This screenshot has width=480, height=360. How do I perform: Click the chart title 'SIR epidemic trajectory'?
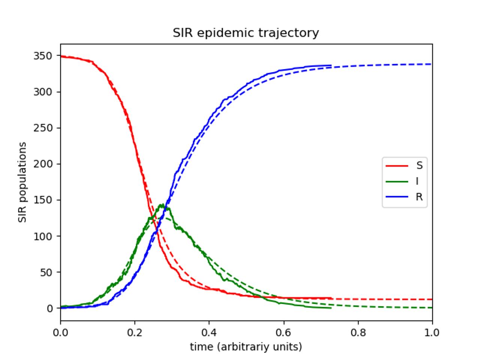click(x=246, y=33)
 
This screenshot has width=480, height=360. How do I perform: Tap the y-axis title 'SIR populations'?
click(x=23, y=182)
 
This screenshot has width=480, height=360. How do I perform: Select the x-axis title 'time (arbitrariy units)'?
click(x=246, y=347)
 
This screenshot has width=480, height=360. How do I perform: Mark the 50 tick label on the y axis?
click(x=46, y=272)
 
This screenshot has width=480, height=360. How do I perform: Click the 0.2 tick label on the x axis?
click(x=135, y=333)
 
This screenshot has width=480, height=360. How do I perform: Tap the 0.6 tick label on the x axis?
click(x=283, y=333)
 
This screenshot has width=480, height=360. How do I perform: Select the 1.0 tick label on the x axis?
click(x=432, y=333)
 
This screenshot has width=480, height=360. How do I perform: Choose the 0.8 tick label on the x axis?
click(x=358, y=333)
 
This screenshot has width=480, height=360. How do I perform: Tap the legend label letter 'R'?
click(x=419, y=197)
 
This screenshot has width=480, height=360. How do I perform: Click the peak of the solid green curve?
click(x=162, y=205)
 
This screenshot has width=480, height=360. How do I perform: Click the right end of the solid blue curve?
click(x=331, y=65)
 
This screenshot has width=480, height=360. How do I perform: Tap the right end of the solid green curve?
click(x=331, y=308)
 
